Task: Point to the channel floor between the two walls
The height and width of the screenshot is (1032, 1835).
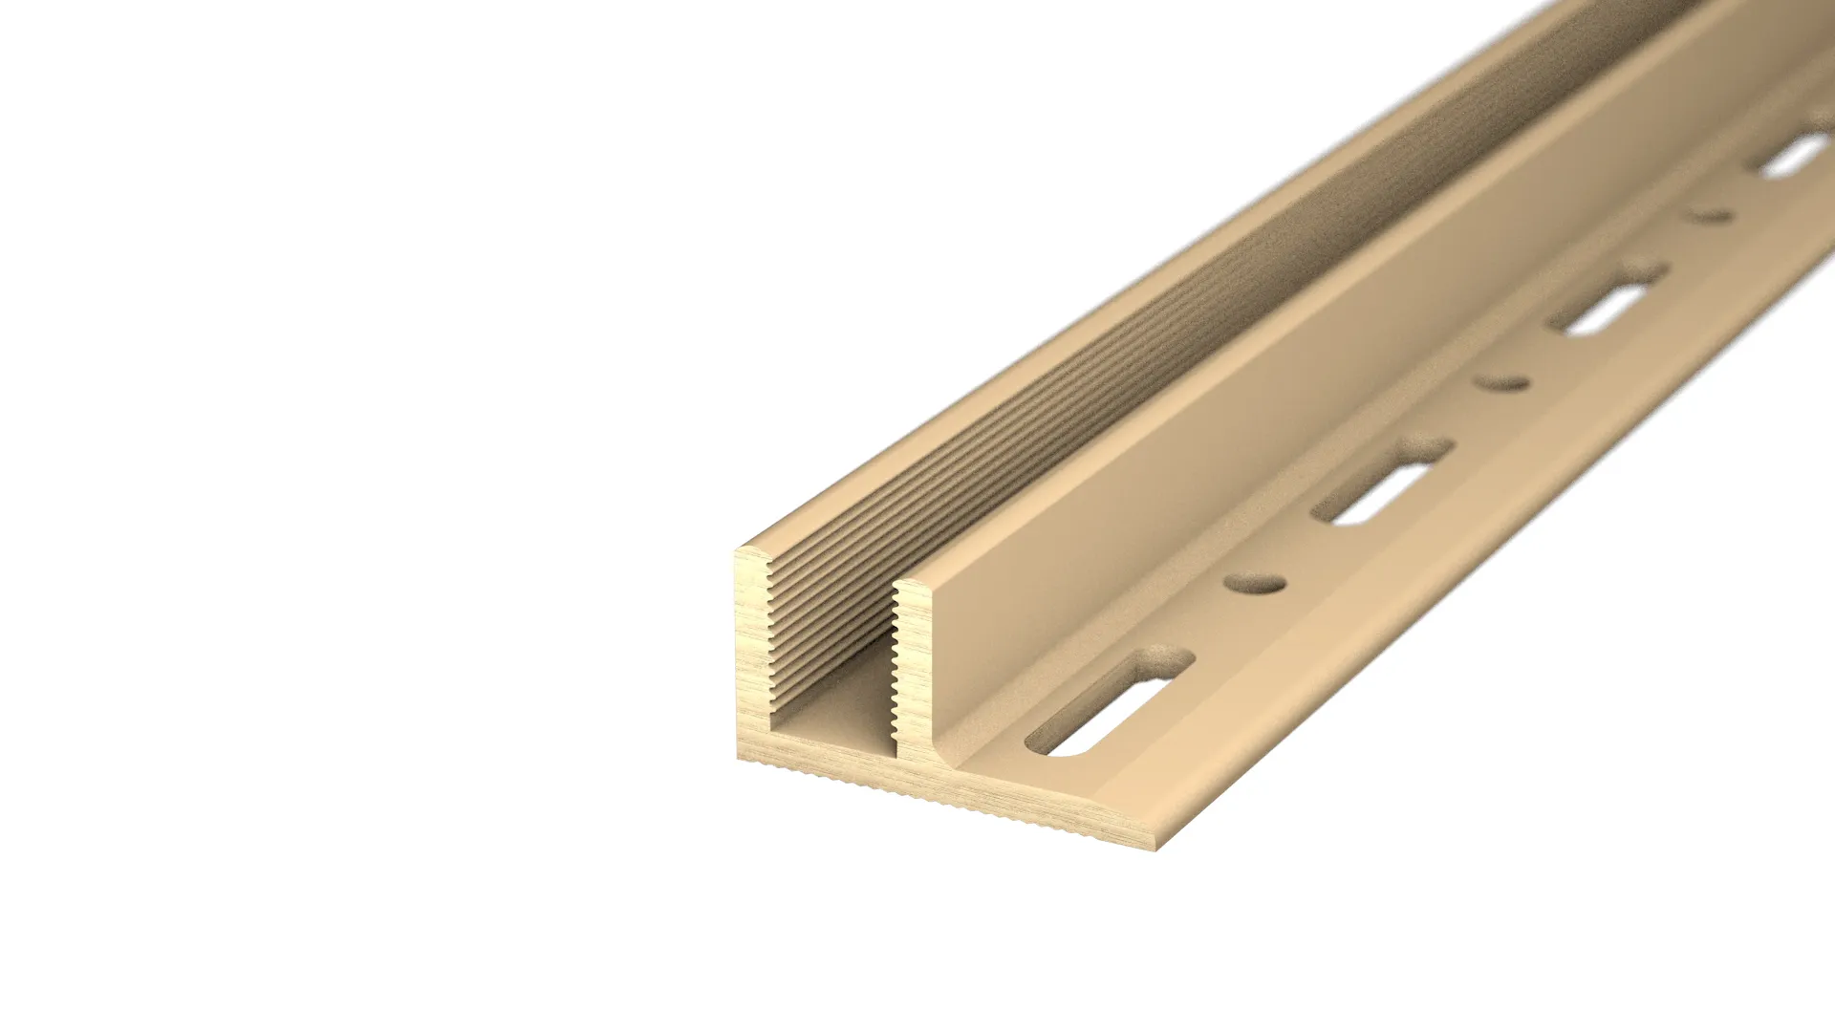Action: (841, 698)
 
